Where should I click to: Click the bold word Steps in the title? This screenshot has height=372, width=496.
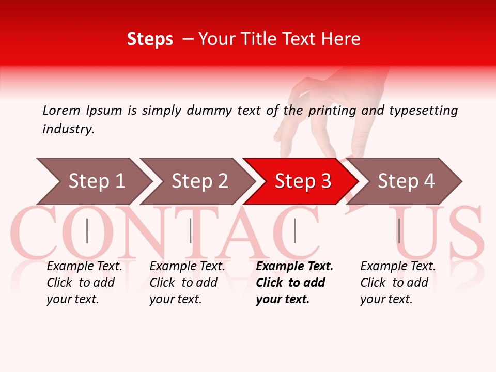150,39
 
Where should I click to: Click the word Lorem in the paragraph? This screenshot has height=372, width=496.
61,110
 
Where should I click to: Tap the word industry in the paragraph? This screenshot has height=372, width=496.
68,129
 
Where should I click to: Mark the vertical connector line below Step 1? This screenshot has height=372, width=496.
87,230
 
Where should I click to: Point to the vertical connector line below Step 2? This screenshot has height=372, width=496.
191,230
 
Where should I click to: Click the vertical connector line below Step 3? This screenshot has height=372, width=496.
295,230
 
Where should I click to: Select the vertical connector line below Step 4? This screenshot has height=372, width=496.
399,230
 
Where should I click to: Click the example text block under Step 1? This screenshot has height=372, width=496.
84,283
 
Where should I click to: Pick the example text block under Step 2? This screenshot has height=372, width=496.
187,283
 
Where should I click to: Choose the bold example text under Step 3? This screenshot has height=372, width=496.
295,283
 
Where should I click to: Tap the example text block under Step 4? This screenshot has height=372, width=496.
398,283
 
